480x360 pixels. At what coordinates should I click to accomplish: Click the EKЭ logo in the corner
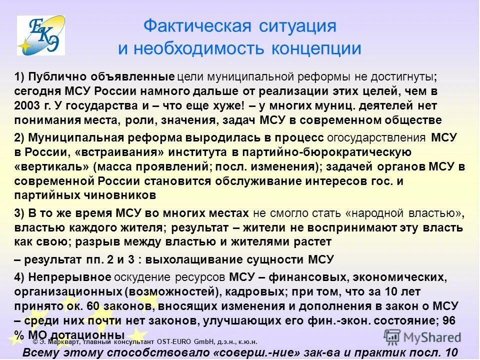(41, 35)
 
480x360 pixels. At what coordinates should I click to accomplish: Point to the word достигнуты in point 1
(404, 77)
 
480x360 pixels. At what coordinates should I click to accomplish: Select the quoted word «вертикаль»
(51, 166)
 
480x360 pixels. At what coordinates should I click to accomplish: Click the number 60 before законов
(91, 306)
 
